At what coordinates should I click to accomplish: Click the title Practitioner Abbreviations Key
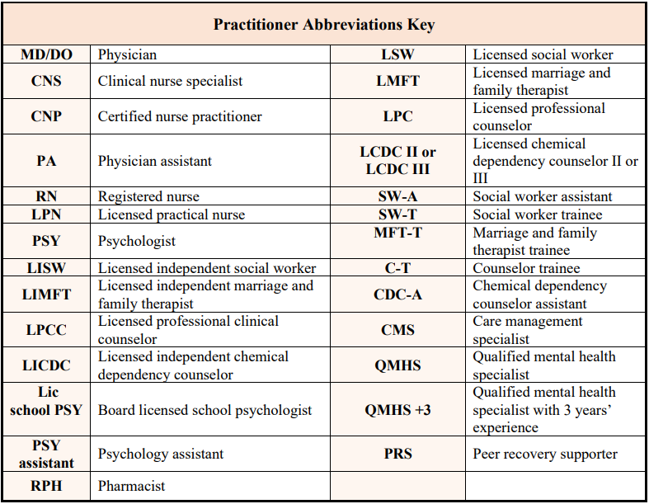tap(324, 24)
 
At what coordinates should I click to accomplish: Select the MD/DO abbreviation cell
tap(46, 55)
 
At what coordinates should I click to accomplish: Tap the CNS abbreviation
tap(46, 82)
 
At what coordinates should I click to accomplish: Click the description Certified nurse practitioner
tap(180, 117)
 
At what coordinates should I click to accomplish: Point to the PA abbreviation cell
tap(46, 161)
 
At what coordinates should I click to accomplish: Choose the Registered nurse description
tap(148, 197)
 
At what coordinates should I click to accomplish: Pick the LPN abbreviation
tap(46, 215)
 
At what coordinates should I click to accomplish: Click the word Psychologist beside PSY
tap(137, 242)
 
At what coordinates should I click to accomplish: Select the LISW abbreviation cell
tap(46, 268)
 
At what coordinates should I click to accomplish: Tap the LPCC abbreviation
tap(46, 330)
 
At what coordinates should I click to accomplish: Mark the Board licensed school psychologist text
tap(205, 410)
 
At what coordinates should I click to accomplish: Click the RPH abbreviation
tap(46, 487)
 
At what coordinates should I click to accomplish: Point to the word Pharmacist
tap(132, 487)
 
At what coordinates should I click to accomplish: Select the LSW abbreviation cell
tap(397, 55)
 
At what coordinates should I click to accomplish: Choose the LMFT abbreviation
tap(397, 81)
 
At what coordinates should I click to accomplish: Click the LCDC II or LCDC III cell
tap(397, 161)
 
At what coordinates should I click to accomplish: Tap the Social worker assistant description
tap(543, 197)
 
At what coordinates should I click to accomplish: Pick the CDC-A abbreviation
tap(397, 294)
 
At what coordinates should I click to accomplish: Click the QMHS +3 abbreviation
tap(397, 410)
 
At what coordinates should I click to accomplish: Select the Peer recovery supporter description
tap(545, 455)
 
